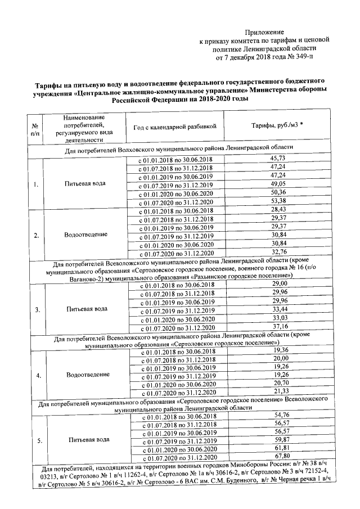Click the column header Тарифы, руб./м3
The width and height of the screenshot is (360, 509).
point(277,127)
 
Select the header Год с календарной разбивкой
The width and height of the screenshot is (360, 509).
point(175,127)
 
